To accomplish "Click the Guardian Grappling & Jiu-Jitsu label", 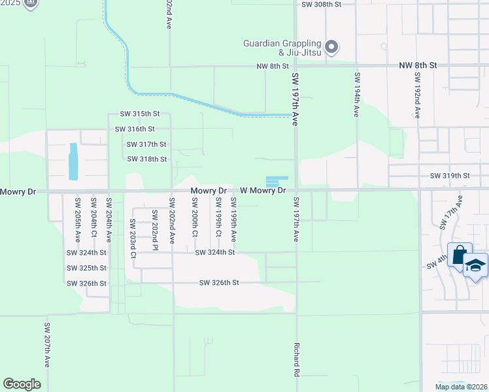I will pos(282,48).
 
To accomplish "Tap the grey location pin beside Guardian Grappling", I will pos(331,46).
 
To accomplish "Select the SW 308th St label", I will pos(322,4).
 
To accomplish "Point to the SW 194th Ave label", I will pos(356,95).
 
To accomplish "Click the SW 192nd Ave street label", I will pos(416,95).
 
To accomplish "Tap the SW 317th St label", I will pos(146,144).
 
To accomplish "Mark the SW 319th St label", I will pos(450,176).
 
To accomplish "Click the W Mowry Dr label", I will pos(263,191).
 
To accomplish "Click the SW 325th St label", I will pos(86,268).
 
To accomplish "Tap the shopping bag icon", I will pos(460,253).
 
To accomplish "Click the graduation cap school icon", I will pos(475,265).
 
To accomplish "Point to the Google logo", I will pos(22,384).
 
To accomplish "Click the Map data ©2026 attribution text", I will pos(461,387).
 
